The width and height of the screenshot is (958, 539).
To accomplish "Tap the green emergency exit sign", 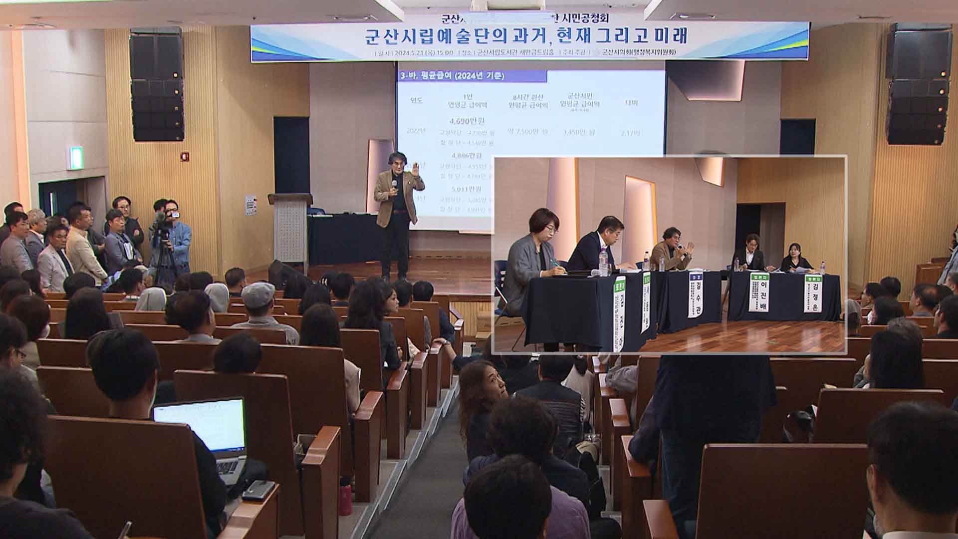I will pos(76,158).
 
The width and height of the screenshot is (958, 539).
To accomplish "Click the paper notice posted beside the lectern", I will pos(250,205).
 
